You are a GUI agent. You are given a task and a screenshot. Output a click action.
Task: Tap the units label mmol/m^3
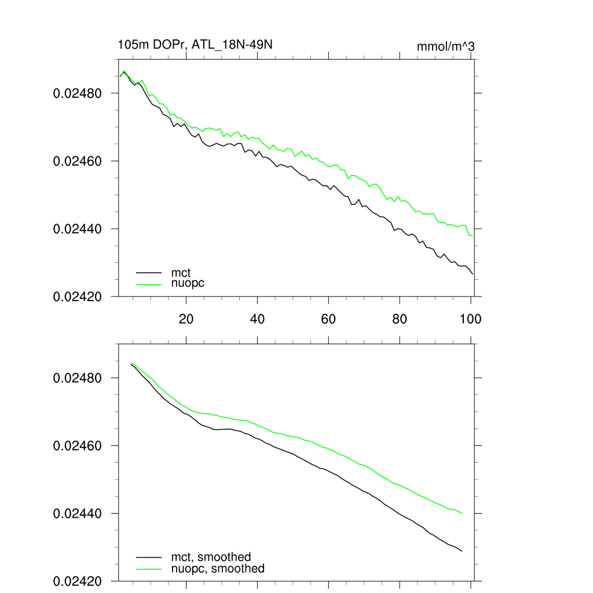click(445, 46)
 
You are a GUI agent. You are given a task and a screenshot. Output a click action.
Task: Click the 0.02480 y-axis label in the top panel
click(78, 93)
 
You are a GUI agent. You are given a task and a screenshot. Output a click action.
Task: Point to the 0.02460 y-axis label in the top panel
click(78, 161)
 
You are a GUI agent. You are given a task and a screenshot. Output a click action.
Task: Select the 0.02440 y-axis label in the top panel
click(78, 229)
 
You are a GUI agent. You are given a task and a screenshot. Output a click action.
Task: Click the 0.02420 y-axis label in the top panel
click(78, 297)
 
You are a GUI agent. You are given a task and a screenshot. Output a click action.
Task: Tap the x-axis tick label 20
click(186, 319)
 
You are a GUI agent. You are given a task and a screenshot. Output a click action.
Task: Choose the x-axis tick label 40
click(257, 319)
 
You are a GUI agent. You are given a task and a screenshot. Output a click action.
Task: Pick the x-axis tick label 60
click(328, 319)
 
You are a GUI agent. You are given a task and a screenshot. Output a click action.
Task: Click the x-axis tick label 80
click(400, 319)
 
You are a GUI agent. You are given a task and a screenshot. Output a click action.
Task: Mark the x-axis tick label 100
click(470, 319)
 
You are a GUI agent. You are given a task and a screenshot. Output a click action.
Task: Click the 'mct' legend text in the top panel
click(181, 272)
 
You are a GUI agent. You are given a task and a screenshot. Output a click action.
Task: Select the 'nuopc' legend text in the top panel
click(188, 283)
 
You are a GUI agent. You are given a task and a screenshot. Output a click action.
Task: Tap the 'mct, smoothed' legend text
click(211, 557)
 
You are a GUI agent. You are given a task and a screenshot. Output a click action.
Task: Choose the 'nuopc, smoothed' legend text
click(218, 569)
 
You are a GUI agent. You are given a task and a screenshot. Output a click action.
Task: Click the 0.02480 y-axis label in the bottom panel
click(78, 378)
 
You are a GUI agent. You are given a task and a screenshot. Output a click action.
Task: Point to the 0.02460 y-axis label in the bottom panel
click(78, 446)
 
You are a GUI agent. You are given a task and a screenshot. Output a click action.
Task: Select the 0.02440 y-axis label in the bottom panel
click(78, 514)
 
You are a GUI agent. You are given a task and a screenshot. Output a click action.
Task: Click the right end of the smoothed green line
click(462, 513)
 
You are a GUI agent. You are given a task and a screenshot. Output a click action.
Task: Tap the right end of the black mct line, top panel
click(473, 274)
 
